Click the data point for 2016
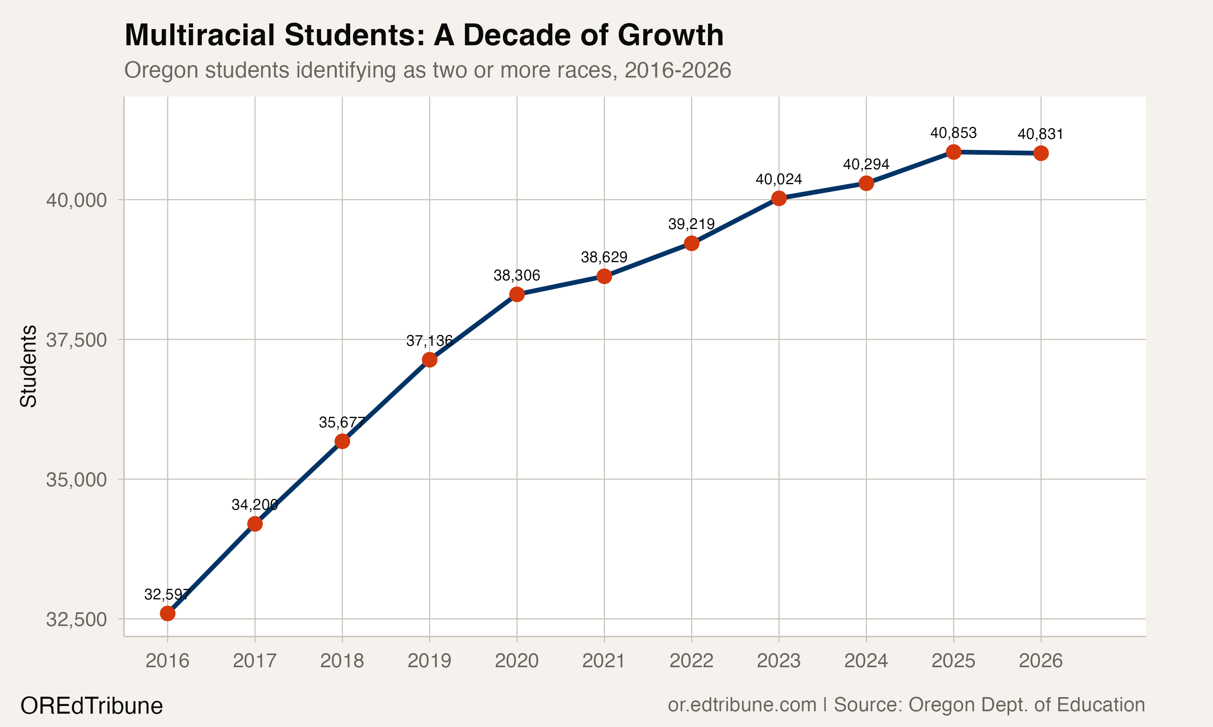[168, 614]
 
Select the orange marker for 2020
[517, 294]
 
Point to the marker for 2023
[779, 198]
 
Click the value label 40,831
[1040, 134]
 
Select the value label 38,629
[604, 257]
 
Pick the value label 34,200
[254, 504]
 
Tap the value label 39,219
[691, 225]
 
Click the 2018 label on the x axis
[342, 661]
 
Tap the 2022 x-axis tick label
[691, 661]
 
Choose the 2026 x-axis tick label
[1040, 661]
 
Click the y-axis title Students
[28, 366]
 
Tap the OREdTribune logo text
[92, 706]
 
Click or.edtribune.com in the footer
[742, 704]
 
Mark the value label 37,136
[429, 340]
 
